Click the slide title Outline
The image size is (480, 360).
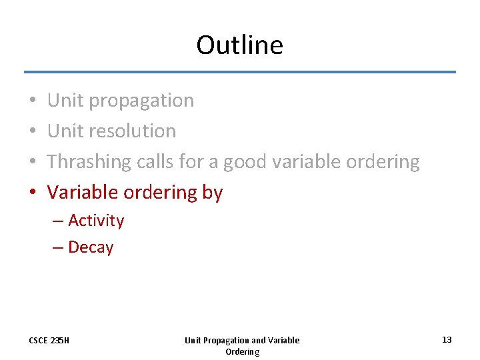239,45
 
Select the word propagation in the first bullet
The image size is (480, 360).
141,101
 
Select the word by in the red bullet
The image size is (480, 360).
212,193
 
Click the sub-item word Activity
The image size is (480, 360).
96,221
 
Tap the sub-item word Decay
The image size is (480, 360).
91,247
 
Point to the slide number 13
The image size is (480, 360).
447,340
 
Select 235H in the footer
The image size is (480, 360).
60,341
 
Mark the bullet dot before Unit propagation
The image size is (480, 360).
33,101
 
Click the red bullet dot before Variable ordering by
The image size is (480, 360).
33,193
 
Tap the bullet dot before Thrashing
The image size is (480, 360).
33,162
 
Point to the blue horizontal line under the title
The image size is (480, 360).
240,72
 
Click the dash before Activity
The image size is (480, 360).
58,221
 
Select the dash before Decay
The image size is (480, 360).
58,247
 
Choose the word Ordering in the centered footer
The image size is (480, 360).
242,351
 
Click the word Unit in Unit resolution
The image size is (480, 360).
65,131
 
